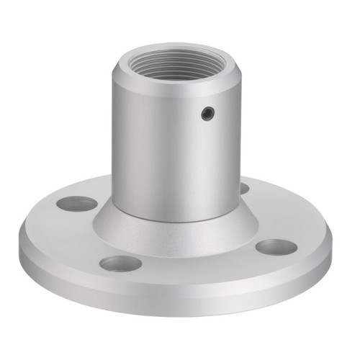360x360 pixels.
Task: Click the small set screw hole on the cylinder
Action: tap(207, 112)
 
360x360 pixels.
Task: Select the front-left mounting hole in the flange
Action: tap(121, 263)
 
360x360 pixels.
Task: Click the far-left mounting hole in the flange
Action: tap(76, 204)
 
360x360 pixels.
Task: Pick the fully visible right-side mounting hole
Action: tap(276, 248)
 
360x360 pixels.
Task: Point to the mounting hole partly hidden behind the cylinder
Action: tap(244, 189)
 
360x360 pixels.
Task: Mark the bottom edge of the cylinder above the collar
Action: tap(173, 220)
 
